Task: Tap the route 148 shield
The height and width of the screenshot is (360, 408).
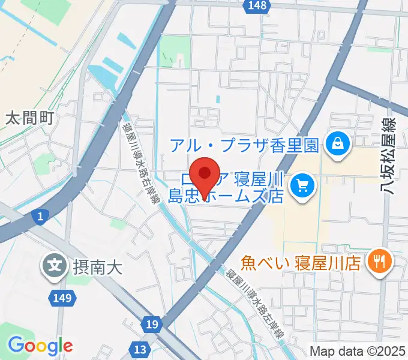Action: [255, 5]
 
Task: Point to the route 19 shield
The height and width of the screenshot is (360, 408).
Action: [152, 325]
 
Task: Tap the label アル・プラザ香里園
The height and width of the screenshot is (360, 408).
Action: [245, 145]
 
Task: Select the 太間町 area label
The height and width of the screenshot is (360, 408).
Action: [29, 118]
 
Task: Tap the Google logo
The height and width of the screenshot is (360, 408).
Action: [40, 345]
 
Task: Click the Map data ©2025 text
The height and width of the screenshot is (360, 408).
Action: [356, 351]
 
